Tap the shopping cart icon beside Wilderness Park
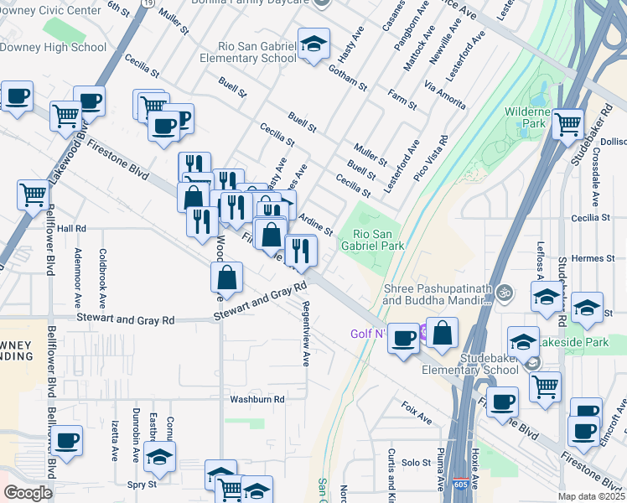(x=568, y=125)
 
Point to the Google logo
(x=28, y=492)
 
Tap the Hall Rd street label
(x=71, y=228)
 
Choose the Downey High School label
(x=54, y=47)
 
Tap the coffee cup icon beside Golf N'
(x=402, y=339)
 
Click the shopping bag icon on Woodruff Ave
(x=227, y=278)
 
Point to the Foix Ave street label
(x=417, y=412)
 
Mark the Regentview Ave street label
(x=306, y=334)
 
